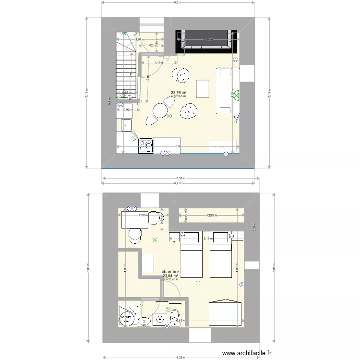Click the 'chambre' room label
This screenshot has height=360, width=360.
(x=170, y=271)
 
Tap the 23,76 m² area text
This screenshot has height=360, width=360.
(x=179, y=93)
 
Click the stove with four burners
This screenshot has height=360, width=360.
(x=146, y=145)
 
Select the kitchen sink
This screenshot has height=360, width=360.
(x=127, y=126)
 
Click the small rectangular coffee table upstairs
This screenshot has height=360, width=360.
(x=204, y=88)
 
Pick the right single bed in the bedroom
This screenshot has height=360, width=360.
(x=220, y=254)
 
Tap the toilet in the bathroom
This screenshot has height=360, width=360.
(x=175, y=317)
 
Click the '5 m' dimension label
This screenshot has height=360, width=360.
(x=178, y=146)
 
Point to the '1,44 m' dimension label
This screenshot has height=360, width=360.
(x=158, y=62)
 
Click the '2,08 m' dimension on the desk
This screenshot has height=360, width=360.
(x=143, y=216)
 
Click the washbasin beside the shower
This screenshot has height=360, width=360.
(x=144, y=321)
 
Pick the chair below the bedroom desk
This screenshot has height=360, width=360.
(x=135, y=235)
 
